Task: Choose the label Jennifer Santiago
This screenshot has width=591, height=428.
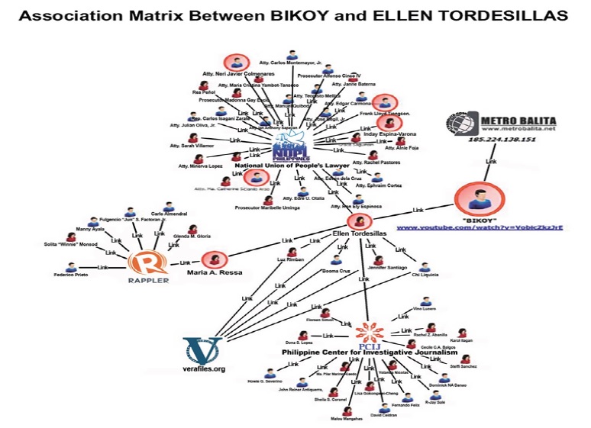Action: (372, 269)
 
